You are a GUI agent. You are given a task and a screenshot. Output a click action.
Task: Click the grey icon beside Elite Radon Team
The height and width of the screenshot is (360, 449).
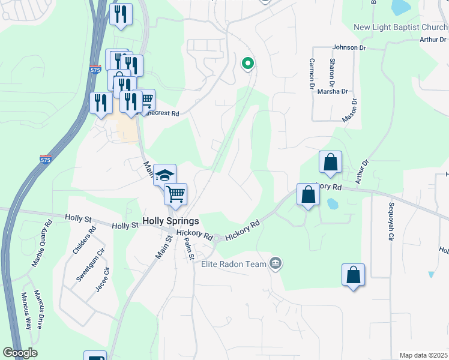pyautogui.click(x=276, y=263)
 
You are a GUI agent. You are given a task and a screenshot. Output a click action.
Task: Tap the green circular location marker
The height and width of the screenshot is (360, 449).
pyautogui.click(x=247, y=62)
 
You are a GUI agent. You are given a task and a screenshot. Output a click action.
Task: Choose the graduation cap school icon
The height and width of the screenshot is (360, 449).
pyautogui.click(x=164, y=175)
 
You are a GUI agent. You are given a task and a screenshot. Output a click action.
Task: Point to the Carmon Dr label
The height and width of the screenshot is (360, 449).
pyautogui.click(x=312, y=73)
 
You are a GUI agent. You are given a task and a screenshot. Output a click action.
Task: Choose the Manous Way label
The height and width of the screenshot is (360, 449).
pyautogui.click(x=26, y=311)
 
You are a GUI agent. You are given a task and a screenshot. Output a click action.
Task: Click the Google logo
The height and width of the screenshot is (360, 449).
pyautogui.click(x=20, y=352)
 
